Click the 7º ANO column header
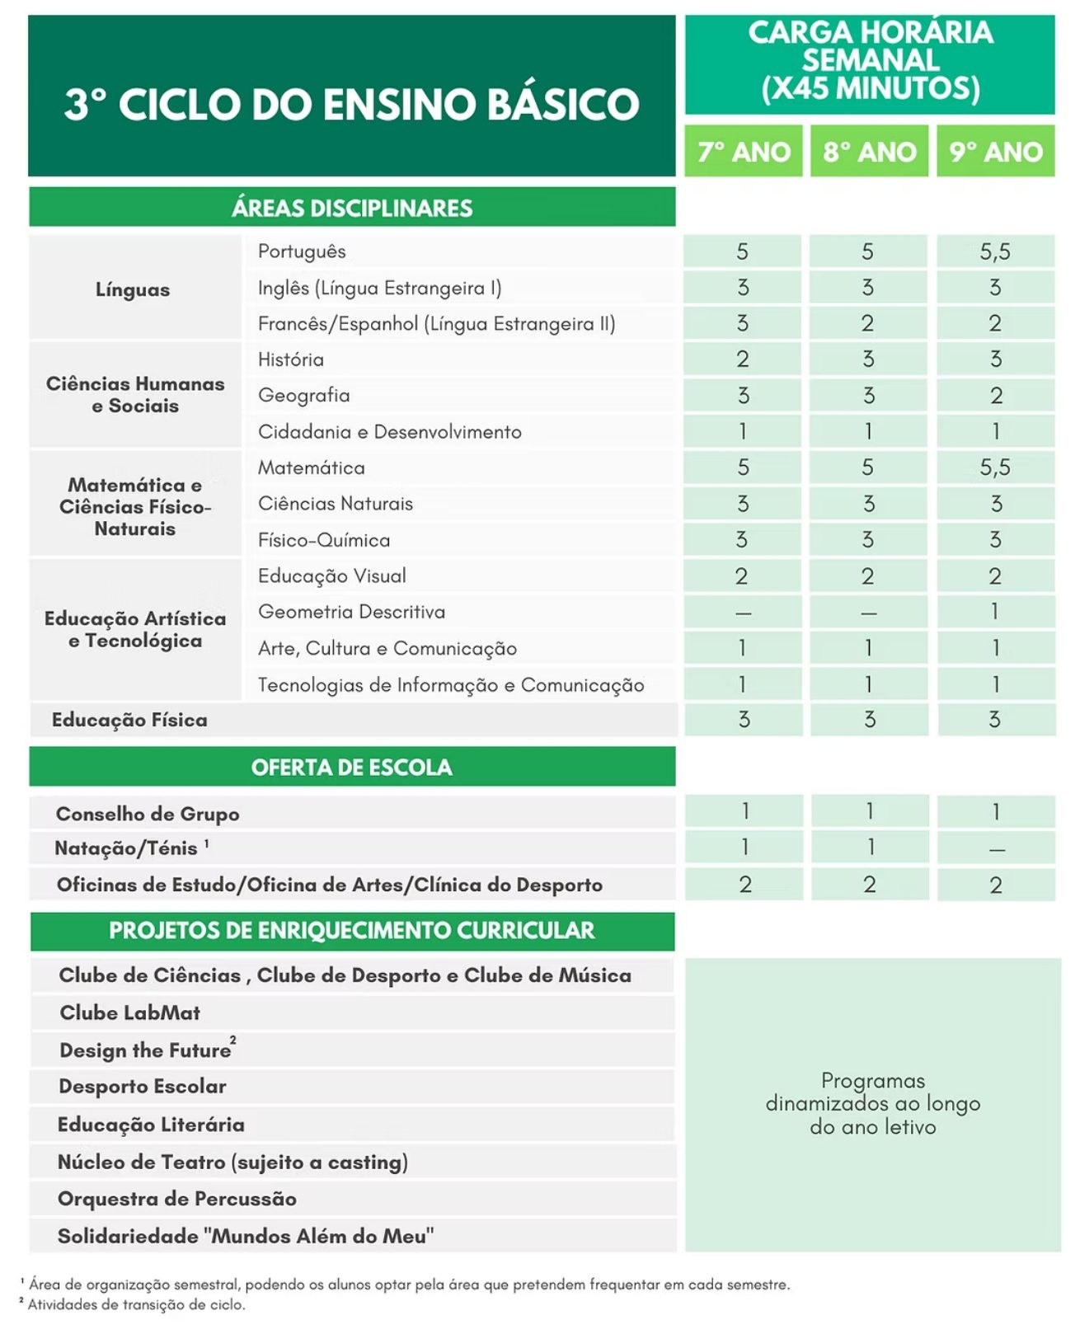click(743, 152)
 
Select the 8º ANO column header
click(869, 152)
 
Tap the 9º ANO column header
click(995, 152)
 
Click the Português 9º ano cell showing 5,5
click(995, 251)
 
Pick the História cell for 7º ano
click(742, 359)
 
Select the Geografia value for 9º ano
click(995, 396)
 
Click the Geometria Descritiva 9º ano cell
click(995, 612)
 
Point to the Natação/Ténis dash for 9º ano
click(996, 848)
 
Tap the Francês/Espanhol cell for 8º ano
click(868, 323)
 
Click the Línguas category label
click(133, 289)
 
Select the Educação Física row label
click(129, 720)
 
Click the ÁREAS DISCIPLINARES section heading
click(352, 208)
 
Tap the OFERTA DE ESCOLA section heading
click(352, 768)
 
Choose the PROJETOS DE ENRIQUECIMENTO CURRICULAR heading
click(352, 931)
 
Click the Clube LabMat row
click(130, 1012)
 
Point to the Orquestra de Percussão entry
click(177, 1199)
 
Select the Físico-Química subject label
click(324, 540)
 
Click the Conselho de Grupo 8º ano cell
click(869, 812)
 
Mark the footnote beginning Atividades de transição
click(136, 1305)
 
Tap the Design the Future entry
click(146, 1050)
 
